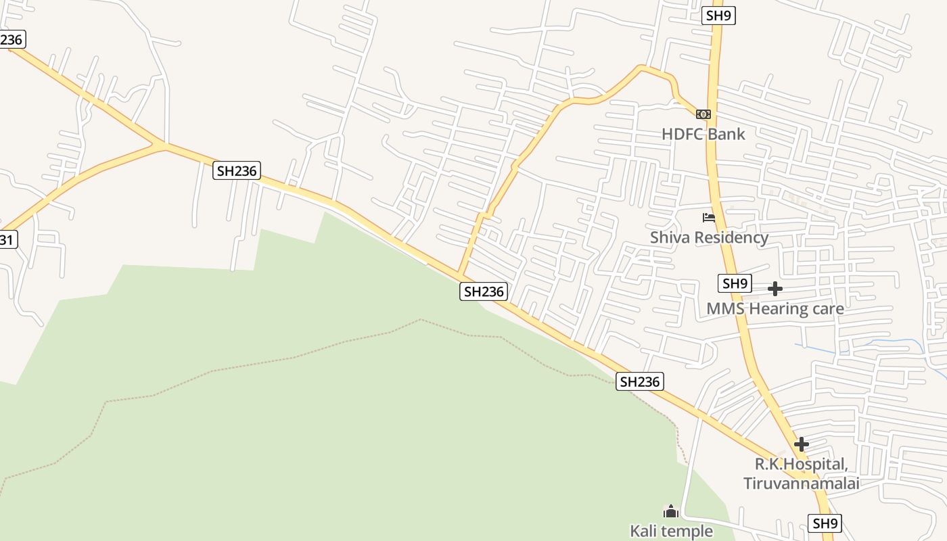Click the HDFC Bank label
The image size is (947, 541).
[x=703, y=134]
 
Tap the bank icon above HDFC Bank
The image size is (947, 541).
[x=703, y=114]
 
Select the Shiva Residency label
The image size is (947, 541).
[x=709, y=237]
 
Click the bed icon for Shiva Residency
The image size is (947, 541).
[x=709, y=218]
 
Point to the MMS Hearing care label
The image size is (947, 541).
[x=775, y=309]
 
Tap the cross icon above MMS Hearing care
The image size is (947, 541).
[x=775, y=289]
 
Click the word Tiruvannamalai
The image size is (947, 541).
[x=802, y=484]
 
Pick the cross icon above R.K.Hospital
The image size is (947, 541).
[x=802, y=444]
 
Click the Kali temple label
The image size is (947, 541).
[x=671, y=531]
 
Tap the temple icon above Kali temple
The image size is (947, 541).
[x=671, y=511]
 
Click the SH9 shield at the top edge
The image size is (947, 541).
[x=718, y=16]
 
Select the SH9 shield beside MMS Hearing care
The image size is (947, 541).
[x=735, y=283]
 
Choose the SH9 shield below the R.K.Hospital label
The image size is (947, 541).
[x=825, y=523]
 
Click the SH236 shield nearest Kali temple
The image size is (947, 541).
[x=640, y=381]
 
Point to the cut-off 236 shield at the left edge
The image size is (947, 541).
[x=11, y=39]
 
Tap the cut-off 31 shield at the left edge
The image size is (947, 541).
[x=7, y=239]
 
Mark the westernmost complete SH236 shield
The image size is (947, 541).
[x=237, y=170]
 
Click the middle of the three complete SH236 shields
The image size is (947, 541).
[x=484, y=291]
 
